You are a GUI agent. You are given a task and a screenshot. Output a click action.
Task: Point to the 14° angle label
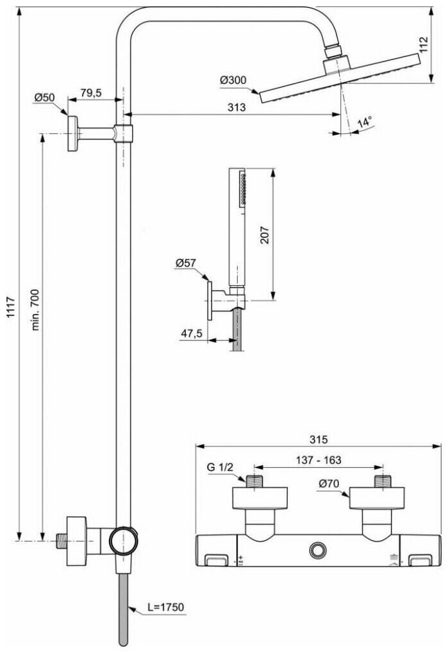pyautogui.click(x=365, y=122)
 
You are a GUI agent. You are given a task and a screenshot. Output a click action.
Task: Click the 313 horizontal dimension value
pyautogui.click(x=236, y=108)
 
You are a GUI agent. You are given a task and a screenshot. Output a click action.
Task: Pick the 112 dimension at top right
pyautogui.click(x=423, y=45)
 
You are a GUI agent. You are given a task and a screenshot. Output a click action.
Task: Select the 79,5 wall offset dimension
pyautogui.click(x=91, y=93)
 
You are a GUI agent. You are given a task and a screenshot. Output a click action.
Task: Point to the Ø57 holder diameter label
pyautogui.click(x=186, y=263)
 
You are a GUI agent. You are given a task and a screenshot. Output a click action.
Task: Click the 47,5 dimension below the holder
pyautogui.click(x=192, y=333)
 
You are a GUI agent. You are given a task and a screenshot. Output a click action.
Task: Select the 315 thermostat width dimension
pyautogui.click(x=318, y=439)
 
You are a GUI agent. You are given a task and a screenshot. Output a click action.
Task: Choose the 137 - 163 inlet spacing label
pyautogui.click(x=318, y=459)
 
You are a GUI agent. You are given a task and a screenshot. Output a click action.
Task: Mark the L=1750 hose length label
pyautogui.click(x=155, y=606)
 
